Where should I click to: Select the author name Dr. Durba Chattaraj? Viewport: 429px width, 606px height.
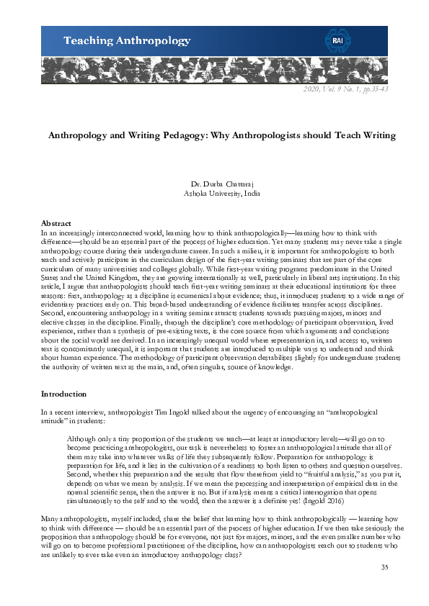214,184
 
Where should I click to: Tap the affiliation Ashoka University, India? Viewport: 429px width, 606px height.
214,193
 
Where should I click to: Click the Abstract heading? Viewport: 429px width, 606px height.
56,224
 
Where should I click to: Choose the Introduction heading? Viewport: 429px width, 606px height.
63,394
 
